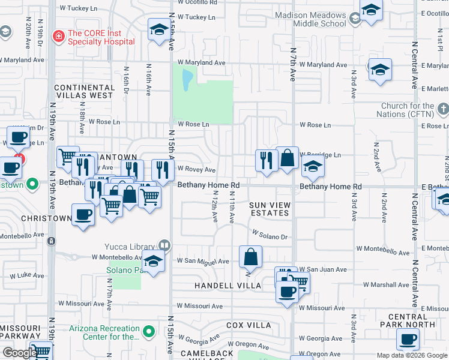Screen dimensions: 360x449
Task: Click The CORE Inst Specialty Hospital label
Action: (x=100, y=38)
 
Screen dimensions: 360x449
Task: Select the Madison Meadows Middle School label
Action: (x=311, y=19)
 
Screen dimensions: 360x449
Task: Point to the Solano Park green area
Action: (x=125, y=274)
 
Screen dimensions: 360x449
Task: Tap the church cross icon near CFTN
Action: (x=443, y=109)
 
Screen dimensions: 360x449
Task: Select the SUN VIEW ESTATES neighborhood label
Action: (x=270, y=209)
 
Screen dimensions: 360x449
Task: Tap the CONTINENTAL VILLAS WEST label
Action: (x=83, y=91)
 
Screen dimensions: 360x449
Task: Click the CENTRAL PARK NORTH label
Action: (x=411, y=320)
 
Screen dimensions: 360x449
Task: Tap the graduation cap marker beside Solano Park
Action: (x=153, y=262)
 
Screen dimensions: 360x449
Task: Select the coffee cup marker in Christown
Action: (x=82, y=214)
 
